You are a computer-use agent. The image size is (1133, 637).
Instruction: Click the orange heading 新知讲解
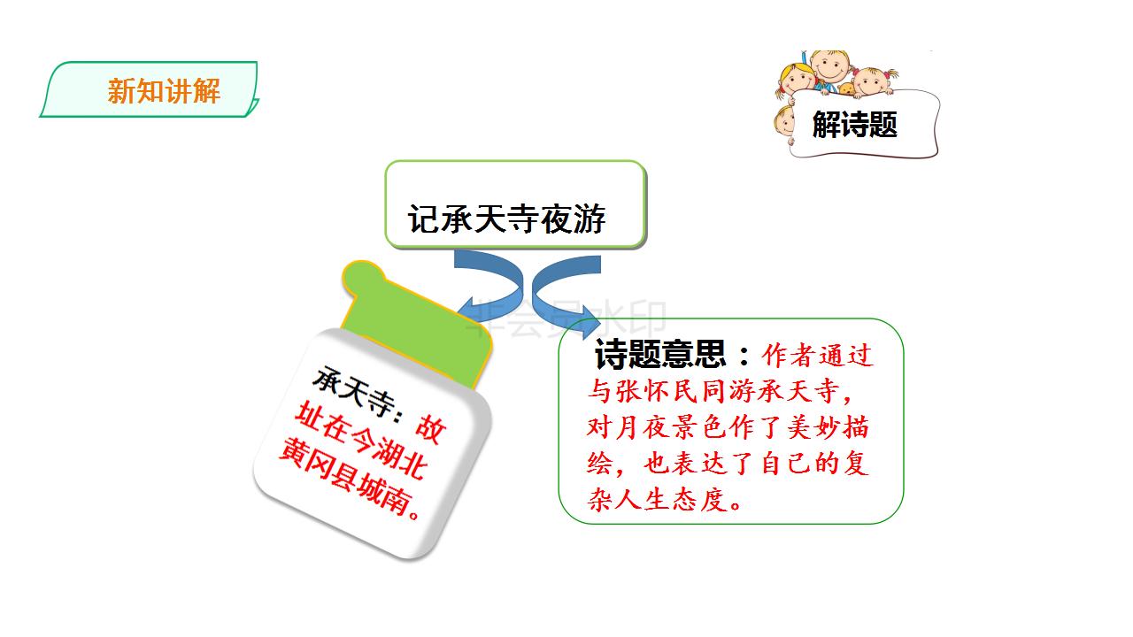(x=164, y=91)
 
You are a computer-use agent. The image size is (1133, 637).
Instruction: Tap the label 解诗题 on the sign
(x=854, y=125)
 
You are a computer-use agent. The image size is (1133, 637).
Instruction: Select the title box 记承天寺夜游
(x=515, y=204)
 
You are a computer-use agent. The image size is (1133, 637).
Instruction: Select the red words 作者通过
(x=817, y=356)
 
